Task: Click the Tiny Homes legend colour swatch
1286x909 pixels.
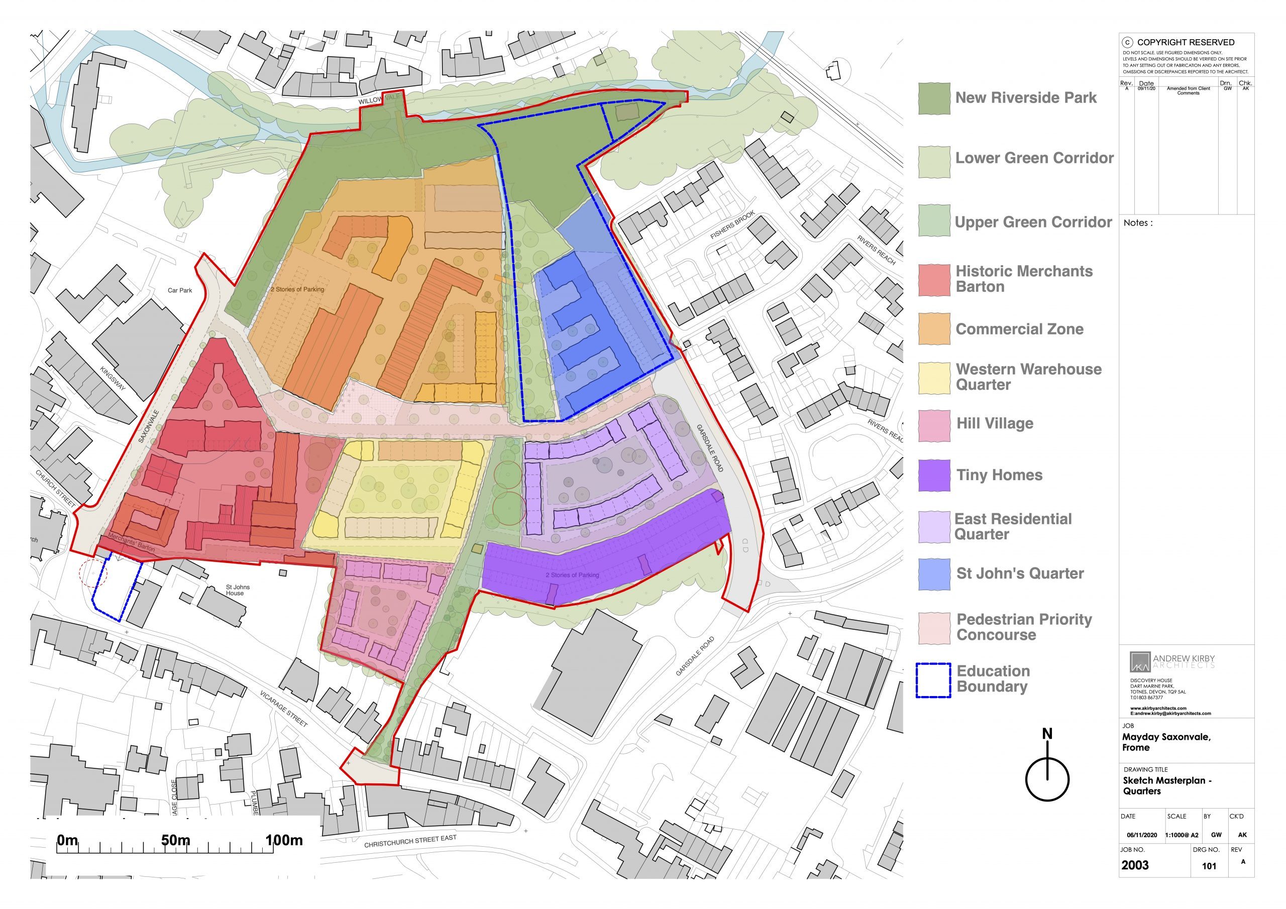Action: tap(934, 476)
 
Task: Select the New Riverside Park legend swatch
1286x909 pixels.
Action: tap(934, 98)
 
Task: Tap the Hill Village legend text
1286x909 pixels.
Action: tap(995, 423)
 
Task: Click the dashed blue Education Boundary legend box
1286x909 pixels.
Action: tap(933, 680)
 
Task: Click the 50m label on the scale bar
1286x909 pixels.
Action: tap(175, 840)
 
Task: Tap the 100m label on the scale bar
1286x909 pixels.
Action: tap(284, 840)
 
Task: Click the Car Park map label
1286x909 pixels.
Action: tap(180, 290)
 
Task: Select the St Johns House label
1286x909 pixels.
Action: tap(238, 590)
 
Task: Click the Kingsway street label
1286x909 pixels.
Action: tap(113, 378)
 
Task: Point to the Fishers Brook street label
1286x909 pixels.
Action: tap(732, 224)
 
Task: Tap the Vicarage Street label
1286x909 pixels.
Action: tap(283, 709)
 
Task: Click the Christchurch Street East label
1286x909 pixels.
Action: tap(410, 841)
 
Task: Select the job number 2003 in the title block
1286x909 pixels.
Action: tap(1135, 865)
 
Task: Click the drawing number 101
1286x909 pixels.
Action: tap(1209, 866)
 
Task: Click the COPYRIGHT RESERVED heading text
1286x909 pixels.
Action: tap(1185, 42)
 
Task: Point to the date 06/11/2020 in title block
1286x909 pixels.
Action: tap(1141, 835)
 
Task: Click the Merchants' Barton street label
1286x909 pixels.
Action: tap(131, 542)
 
